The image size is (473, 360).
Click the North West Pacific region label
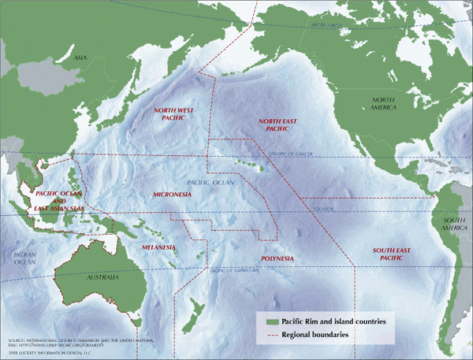point(174,115)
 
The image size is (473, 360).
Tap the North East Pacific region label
point(279,122)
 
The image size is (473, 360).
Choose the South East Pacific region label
point(392,253)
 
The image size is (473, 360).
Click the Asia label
point(80,58)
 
